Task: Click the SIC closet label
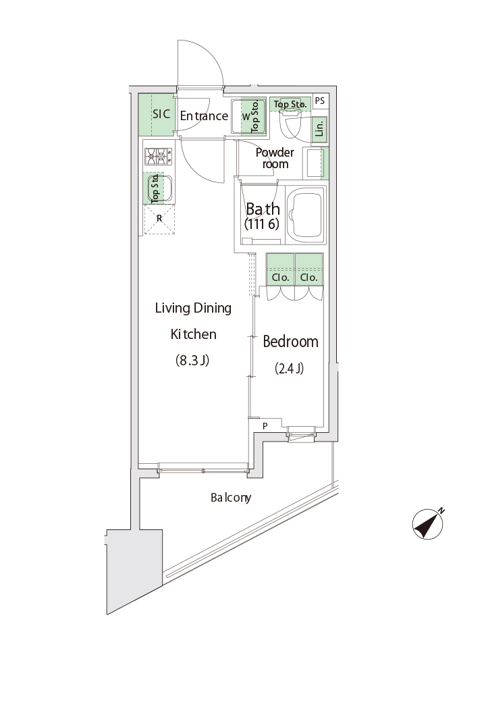(161, 114)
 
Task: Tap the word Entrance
(204, 116)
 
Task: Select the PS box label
(320, 101)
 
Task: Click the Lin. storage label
(320, 128)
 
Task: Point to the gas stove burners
(158, 157)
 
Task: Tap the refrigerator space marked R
(159, 219)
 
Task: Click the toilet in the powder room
(290, 124)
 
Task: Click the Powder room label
(275, 158)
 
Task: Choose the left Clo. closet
(280, 269)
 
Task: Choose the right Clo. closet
(308, 269)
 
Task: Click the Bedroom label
(290, 342)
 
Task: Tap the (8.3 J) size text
(192, 361)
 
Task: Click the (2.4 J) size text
(290, 369)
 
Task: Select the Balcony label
(231, 498)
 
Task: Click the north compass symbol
(428, 525)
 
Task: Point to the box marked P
(265, 425)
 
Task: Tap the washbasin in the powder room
(315, 163)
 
